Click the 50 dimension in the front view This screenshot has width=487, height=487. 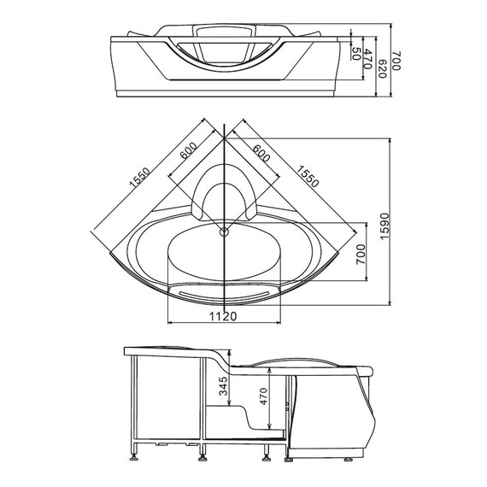(356, 54)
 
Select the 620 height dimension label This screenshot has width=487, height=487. (382, 69)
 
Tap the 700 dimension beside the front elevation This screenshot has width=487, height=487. (397, 61)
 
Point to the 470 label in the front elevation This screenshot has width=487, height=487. (368, 59)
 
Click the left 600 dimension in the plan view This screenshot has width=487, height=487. (189, 150)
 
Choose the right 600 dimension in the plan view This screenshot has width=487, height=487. (261, 153)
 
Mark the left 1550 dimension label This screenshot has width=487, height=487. (139, 178)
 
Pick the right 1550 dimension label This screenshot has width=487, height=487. (308, 176)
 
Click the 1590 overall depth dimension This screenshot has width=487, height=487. (384, 226)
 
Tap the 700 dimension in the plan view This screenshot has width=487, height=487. (361, 255)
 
